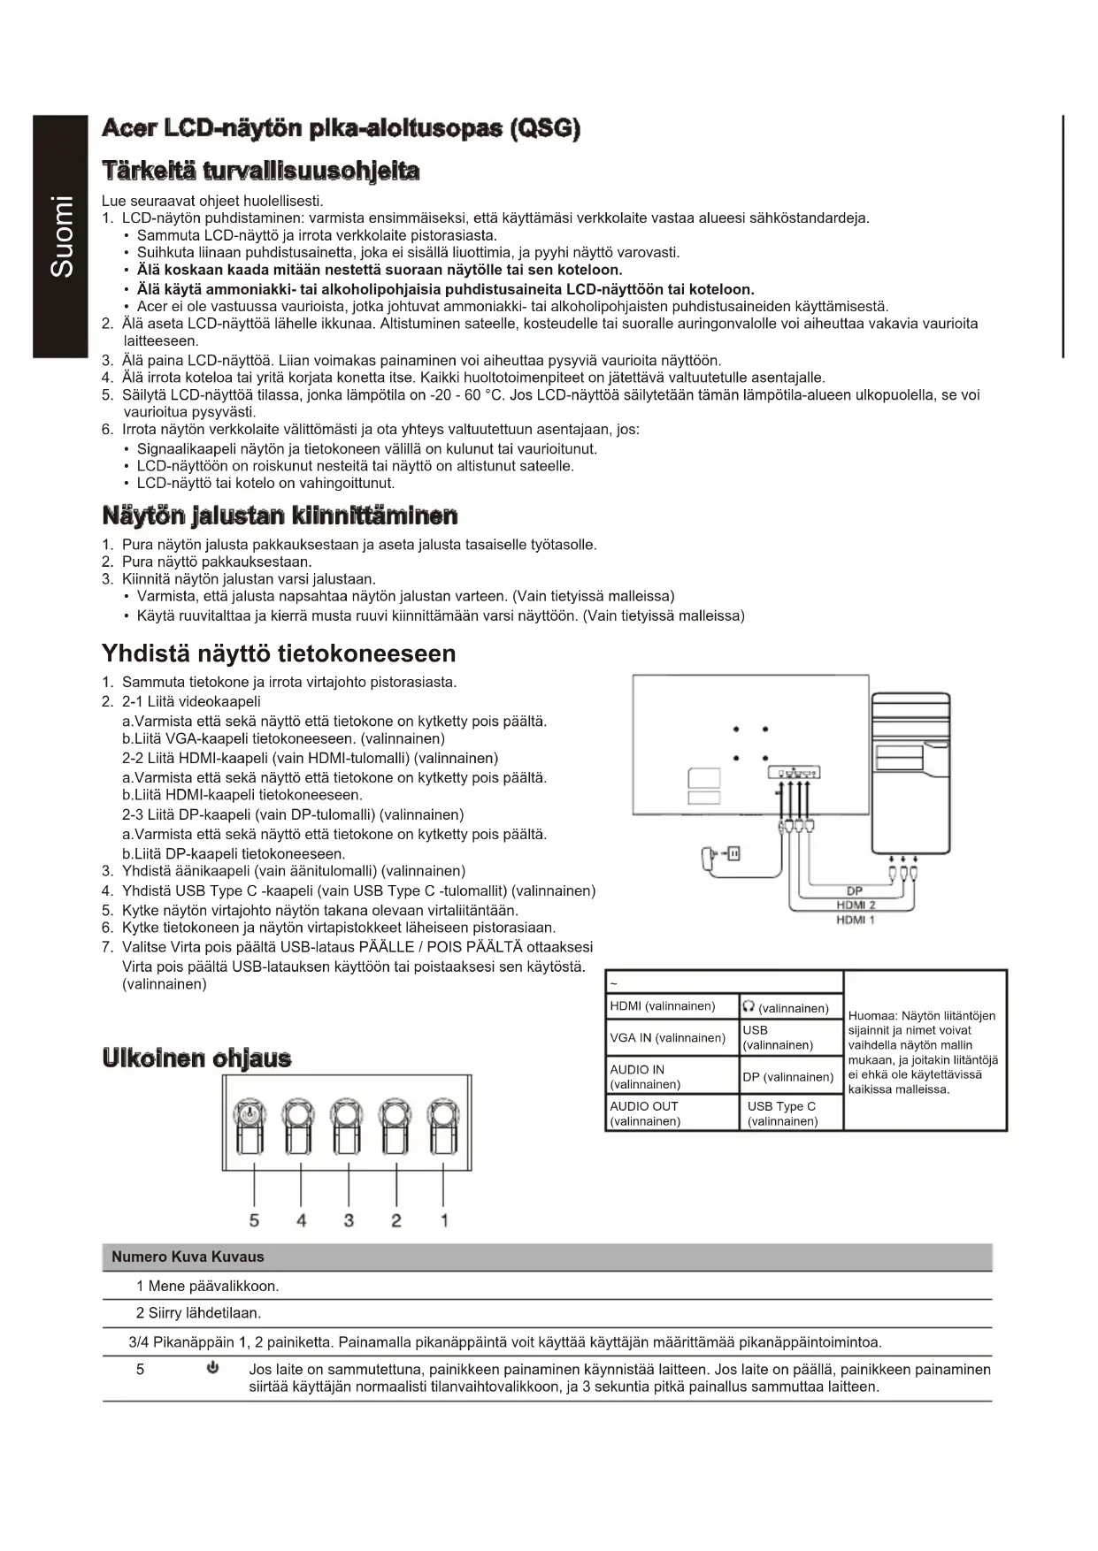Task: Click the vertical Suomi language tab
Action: click(x=61, y=236)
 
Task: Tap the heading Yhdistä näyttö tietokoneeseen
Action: click(x=279, y=653)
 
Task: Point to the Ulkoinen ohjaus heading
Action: click(x=196, y=1058)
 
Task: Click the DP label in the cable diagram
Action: click(x=854, y=890)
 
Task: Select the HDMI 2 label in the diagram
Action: click(x=856, y=905)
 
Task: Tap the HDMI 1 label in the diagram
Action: click(x=856, y=920)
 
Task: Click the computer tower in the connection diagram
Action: click(x=911, y=769)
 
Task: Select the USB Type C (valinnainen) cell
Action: click(x=782, y=1113)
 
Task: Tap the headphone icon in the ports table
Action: click(x=749, y=1006)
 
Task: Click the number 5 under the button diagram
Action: click(x=254, y=1220)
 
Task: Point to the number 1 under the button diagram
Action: click(x=443, y=1220)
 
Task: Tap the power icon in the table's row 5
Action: click(x=212, y=1369)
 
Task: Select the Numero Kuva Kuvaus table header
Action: click(x=188, y=1257)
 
